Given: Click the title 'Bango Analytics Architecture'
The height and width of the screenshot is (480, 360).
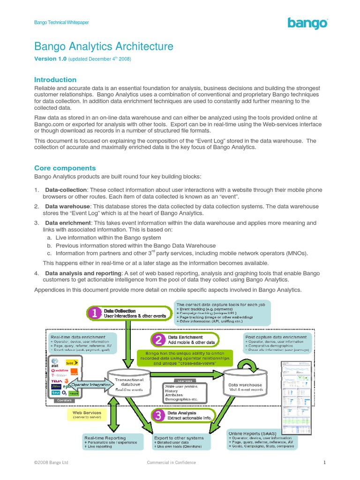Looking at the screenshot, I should click(x=104, y=46).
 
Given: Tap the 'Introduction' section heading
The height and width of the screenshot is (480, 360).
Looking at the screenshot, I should click(x=55, y=80).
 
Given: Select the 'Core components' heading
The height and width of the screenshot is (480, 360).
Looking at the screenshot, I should click(x=65, y=168).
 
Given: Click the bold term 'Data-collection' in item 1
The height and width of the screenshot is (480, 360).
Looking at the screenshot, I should click(x=66, y=190).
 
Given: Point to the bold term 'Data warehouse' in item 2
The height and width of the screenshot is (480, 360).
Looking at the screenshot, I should click(x=67, y=206).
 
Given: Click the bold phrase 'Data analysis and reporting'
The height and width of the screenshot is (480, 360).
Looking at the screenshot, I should click(x=82, y=272).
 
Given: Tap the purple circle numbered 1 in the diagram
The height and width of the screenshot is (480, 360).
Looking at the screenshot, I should click(x=95, y=314).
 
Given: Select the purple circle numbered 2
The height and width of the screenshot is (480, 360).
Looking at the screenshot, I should click(x=159, y=339).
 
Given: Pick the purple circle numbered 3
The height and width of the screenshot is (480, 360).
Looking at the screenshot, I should click(x=159, y=415).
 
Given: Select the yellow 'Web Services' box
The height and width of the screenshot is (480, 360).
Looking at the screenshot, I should click(x=87, y=415).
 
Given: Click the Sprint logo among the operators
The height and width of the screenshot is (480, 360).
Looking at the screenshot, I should click(x=72, y=362).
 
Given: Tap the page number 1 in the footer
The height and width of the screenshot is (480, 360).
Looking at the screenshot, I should click(x=324, y=463).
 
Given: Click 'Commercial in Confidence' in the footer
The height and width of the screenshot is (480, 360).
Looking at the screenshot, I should click(x=172, y=463).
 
